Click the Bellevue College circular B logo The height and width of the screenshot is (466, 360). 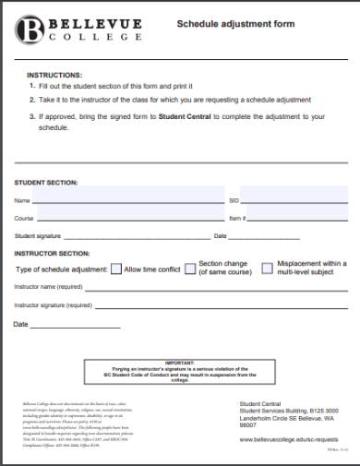pyautogui.click(x=29, y=28)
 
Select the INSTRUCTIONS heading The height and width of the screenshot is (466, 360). pyautogui.click(x=54, y=74)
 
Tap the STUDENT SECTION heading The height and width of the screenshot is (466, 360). pyautogui.click(x=46, y=182)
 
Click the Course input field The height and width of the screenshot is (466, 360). pyautogui.click(x=129, y=218)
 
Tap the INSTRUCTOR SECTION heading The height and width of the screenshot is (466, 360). pyautogui.click(x=52, y=252)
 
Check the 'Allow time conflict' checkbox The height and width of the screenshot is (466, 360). pyautogui.click(x=116, y=269)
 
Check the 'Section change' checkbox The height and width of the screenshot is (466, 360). pyautogui.click(x=191, y=269)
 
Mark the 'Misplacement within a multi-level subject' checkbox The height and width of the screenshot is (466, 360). pyautogui.click(x=268, y=269)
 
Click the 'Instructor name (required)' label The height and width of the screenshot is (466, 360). pyautogui.click(x=53, y=287)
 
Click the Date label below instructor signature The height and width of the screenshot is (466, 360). pyautogui.click(x=21, y=324)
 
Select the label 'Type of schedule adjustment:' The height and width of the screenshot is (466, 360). pyautogui.click(x=61, y=269)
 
